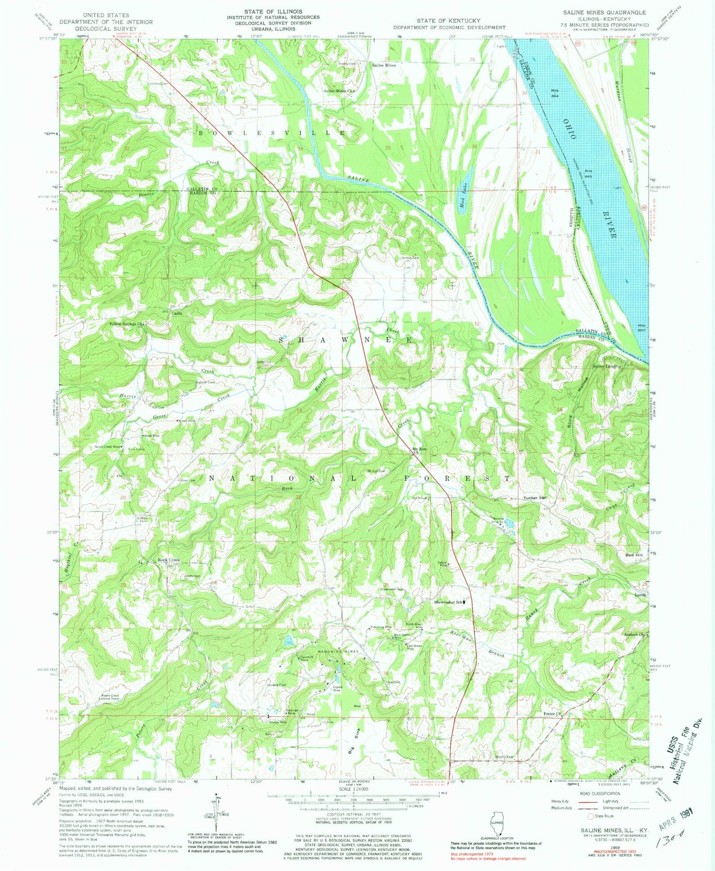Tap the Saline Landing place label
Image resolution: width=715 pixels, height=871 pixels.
click(606, 366)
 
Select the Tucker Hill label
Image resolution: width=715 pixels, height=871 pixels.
click(535, 498)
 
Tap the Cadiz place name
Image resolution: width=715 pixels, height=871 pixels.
click(177, 314)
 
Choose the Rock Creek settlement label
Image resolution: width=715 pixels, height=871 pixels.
click(168, 560)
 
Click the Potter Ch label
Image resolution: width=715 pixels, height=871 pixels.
click(553, 714)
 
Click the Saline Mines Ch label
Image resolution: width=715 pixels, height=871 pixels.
click(339, 91)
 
